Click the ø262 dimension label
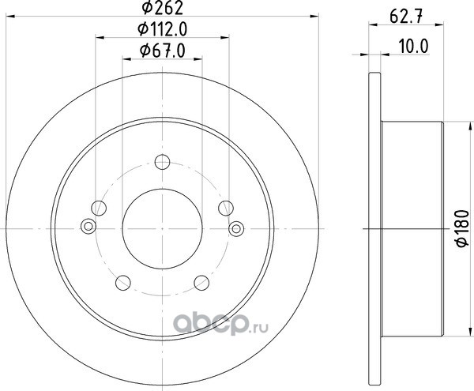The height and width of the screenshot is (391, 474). [163, 8]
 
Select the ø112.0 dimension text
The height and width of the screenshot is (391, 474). [163, 29]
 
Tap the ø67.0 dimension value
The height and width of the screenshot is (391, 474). [162, 51]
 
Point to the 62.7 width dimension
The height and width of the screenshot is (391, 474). [406, 17]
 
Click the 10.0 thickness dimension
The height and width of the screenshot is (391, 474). [413, 47]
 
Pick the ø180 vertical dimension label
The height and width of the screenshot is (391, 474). [463, 228]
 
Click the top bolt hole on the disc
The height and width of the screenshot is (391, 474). [162, 162]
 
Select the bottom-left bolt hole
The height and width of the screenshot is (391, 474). [123, 283]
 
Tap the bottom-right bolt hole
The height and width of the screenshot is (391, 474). [201, 283]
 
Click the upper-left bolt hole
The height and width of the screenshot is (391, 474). [99, 209]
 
